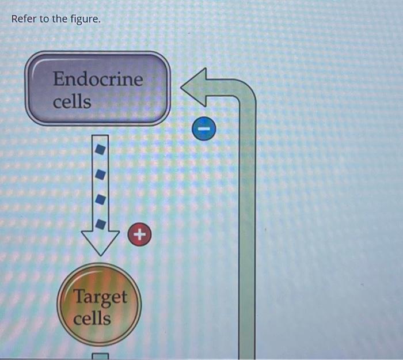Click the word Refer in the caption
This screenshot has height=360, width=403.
(x=24, y=19)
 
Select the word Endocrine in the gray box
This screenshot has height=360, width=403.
(x=98, y=79)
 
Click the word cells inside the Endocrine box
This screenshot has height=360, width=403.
(x=72, y=102)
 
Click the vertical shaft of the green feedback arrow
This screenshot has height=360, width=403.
(x=247, y=230)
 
